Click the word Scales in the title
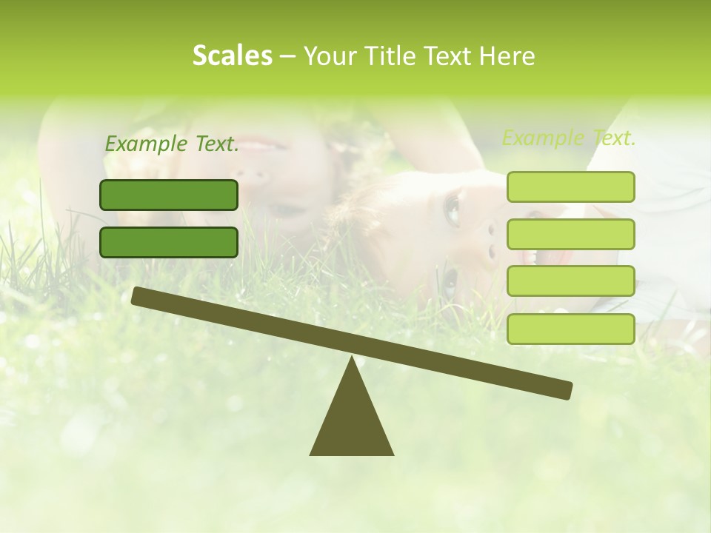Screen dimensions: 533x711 [x=232, y=56]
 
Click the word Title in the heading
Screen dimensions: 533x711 [x=393, y=56]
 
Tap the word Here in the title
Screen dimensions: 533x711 [x=507, y=56]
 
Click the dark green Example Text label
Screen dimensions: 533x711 [x=172, y=144]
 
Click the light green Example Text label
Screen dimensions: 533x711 [x=569, y=138]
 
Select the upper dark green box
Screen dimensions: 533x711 [x=169, y=195]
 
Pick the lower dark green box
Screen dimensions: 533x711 [x=169, y=242]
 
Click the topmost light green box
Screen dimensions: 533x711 [x=570, y=187]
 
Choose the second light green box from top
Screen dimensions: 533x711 [x=570, y=234]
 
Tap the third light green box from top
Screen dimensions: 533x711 [x=570, y=281]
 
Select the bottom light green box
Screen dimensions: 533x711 [x=570, y=329]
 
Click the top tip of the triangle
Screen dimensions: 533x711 [x=353, y=358]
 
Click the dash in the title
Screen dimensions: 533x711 [x=287, y=56]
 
